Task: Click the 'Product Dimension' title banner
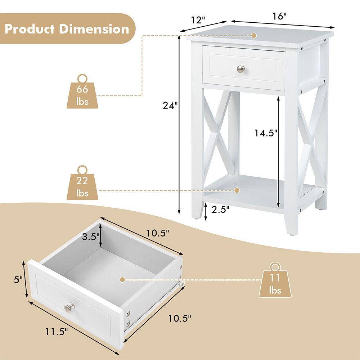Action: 67,29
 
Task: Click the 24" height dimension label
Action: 169,106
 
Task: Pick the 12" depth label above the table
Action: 197,20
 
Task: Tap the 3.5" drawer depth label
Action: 89,237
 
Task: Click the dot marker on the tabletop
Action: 254,35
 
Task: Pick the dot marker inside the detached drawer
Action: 122,279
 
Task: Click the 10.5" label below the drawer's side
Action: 179,318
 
